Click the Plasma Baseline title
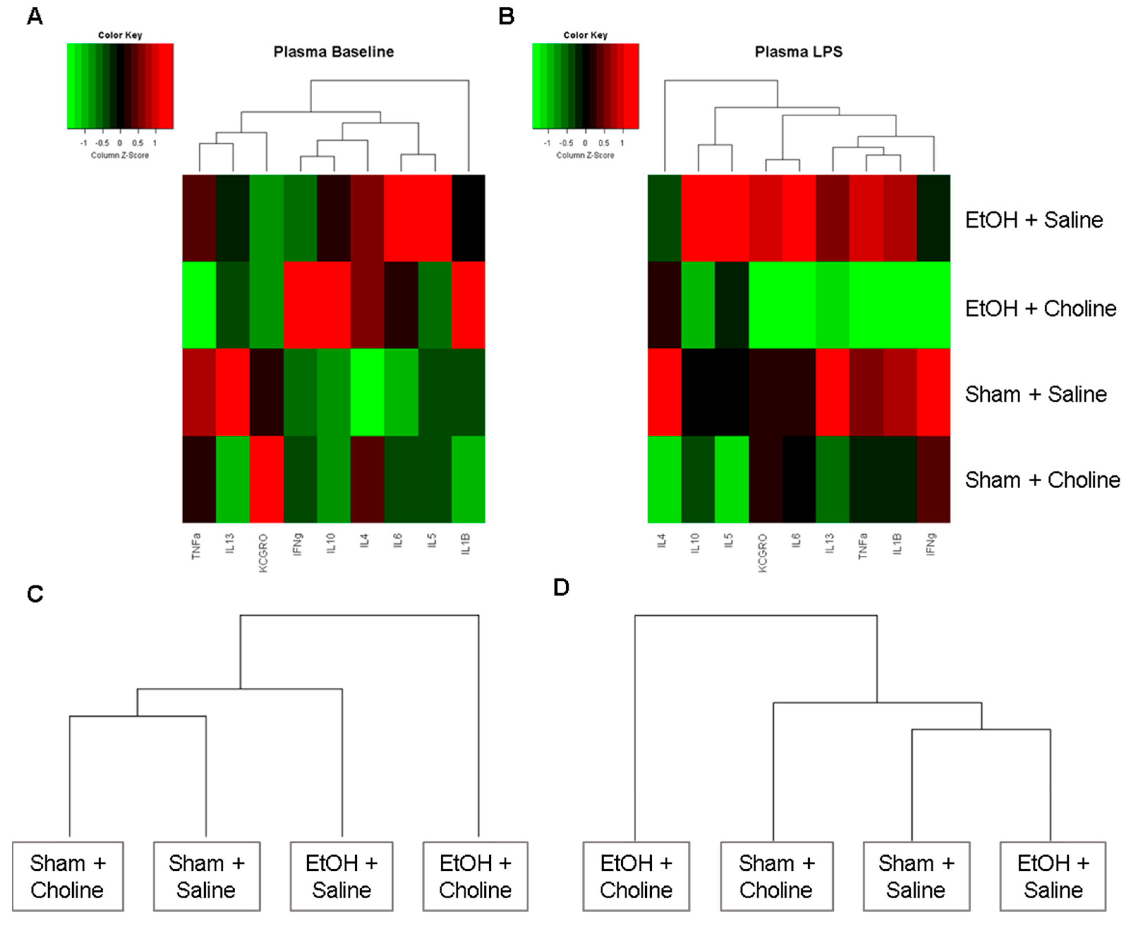(x=333, y=52)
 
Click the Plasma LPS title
(x=798, y=52)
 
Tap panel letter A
(x=35, y=17)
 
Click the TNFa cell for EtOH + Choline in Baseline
(x=199, y=305)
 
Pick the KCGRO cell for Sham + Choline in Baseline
(x=266, y=479)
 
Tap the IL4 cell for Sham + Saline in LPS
(x=664, y=392)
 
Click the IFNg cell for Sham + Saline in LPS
(x=934, y=392)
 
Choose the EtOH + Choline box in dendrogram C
(x=475, y=877)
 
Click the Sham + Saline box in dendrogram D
(x=916, y=877)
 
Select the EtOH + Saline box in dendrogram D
(x=1053, y=877)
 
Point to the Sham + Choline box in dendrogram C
(x=68, y=877)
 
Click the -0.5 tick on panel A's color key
(x=102, y=143)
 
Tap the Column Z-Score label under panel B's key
(x=585, y=155)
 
